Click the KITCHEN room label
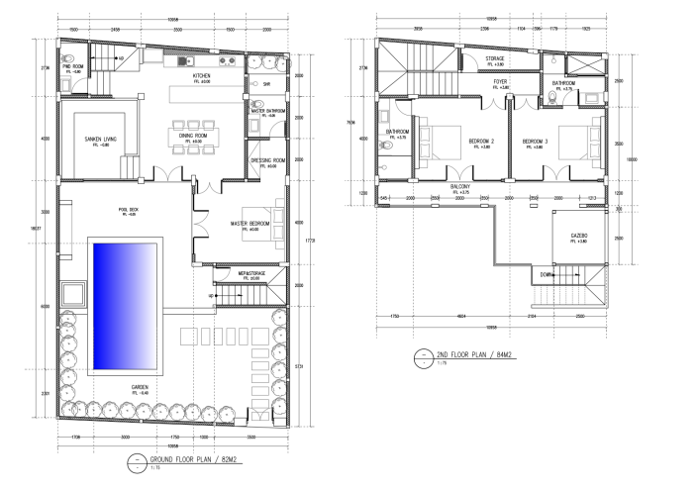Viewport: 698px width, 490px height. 201,75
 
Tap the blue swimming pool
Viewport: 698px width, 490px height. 125,305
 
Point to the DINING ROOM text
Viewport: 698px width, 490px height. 192,136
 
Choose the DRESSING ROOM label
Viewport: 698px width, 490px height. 268,160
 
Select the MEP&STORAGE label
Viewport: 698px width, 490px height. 249,274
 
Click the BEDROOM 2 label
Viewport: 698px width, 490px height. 479,142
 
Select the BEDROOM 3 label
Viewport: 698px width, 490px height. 535,142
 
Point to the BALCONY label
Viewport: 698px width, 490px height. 458,186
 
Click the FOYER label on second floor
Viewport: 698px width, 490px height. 501,83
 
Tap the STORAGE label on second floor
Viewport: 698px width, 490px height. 494,58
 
